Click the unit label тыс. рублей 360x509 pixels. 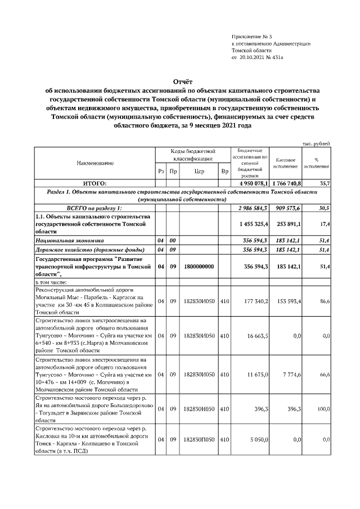pos(316,143)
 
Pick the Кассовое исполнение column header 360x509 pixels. pos(286,163)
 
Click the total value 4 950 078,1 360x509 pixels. pos(249,183)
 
